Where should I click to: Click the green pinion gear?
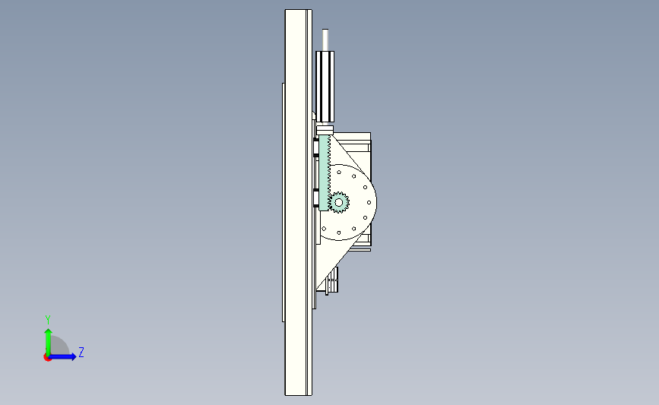(338, 202)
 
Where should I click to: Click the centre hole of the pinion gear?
(338, 202)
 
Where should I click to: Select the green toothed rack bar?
(324, 172)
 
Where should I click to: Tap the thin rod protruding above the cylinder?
(325, 40)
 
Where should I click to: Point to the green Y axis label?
(48, 320)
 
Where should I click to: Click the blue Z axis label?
(81, 352)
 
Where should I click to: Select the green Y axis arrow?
(49, 342)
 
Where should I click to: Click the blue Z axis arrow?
(62, 356)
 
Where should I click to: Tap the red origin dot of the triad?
(47, 357)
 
